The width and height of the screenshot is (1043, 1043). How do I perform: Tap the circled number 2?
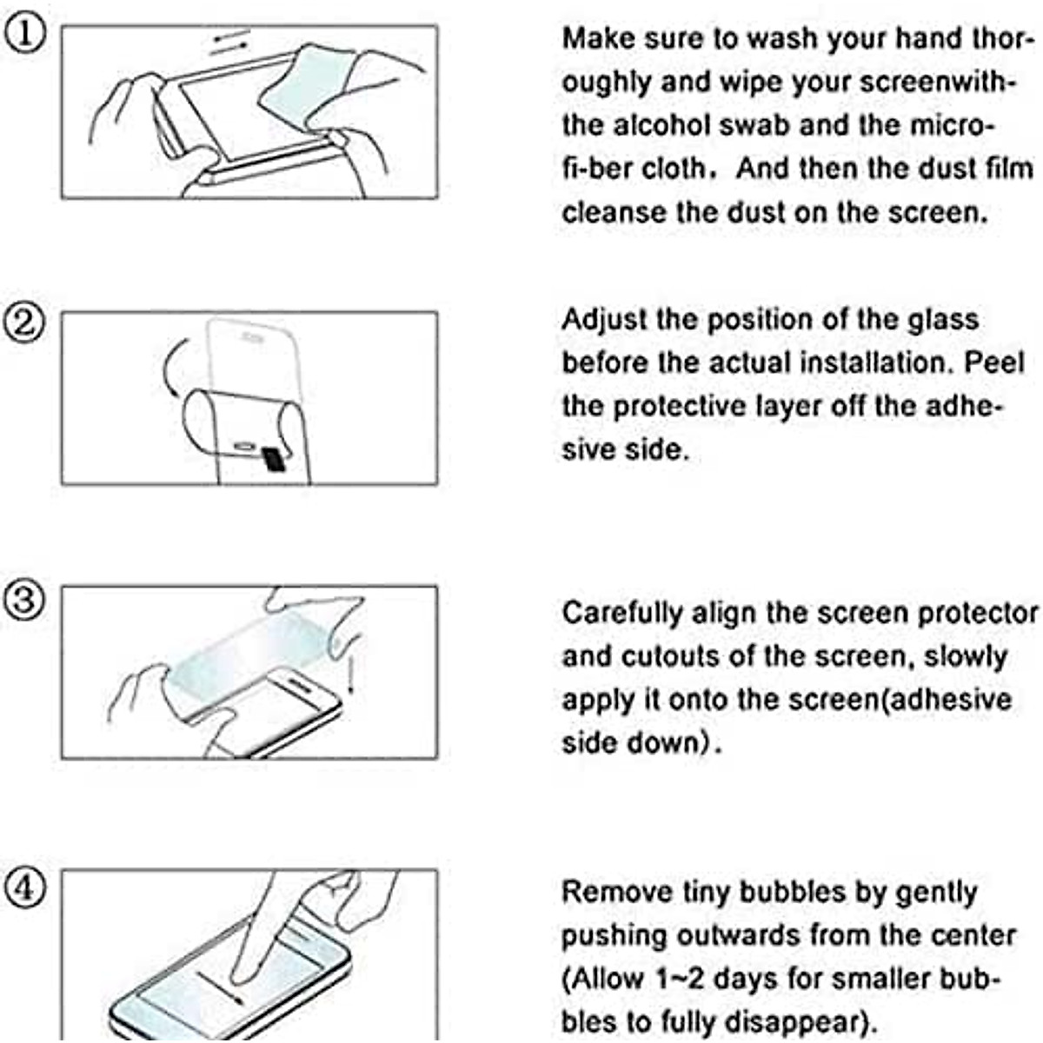point(24,323)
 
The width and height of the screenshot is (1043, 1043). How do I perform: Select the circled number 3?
point(24,601)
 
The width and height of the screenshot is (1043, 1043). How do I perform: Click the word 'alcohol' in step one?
point(661,125)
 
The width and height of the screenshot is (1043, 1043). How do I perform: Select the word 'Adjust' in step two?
point(604,321)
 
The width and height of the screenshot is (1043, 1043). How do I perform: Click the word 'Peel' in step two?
point(994,362)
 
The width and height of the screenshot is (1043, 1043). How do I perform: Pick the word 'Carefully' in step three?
point(622,615)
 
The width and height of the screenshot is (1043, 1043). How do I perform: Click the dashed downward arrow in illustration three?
point(351,673)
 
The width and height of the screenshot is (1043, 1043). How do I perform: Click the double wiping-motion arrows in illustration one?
point(230,42)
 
